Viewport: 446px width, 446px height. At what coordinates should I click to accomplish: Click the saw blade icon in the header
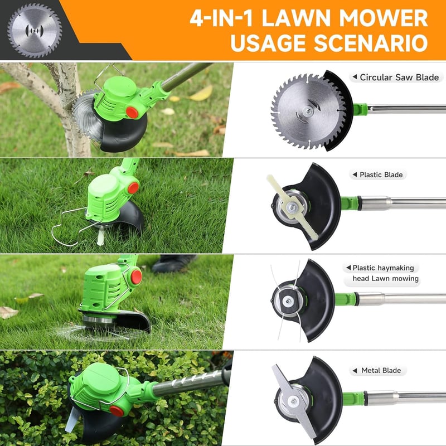(35, 31)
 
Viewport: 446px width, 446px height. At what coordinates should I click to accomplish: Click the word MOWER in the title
(384, 18)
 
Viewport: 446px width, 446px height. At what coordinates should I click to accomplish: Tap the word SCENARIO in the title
(371, 43)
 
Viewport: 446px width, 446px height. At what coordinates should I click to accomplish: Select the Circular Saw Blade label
(396, 77)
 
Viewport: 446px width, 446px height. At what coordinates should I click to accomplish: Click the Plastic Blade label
(378, 174)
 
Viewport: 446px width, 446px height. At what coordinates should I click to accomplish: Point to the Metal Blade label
(378, 371)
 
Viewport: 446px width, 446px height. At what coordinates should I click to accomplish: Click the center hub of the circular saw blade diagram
(307, 110)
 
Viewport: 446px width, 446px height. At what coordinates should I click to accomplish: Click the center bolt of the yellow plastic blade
(291, 207)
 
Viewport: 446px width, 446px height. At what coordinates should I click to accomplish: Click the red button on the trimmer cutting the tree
(132, 113)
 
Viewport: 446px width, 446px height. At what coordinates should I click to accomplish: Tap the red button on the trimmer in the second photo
(133, 188)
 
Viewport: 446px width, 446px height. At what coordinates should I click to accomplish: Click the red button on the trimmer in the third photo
(136, 277)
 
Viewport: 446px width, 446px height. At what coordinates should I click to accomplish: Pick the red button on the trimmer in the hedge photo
(117, 411)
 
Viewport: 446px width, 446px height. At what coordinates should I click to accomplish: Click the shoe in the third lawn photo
(174, 264)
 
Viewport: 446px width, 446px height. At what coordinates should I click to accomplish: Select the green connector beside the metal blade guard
(353, 398)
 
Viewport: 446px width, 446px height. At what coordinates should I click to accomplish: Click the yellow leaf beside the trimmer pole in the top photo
(201, 94)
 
